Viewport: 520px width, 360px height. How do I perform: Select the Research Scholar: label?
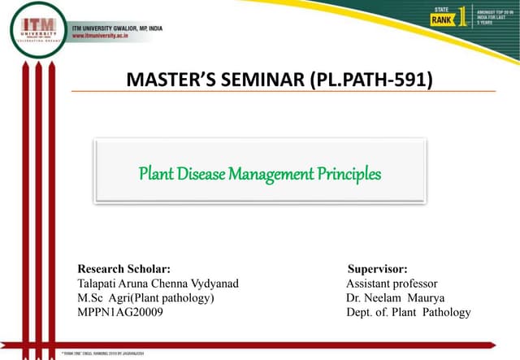(123, 269)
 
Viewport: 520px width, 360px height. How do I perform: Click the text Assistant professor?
(392, 284)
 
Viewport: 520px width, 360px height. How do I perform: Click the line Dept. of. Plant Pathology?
(408, 312)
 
